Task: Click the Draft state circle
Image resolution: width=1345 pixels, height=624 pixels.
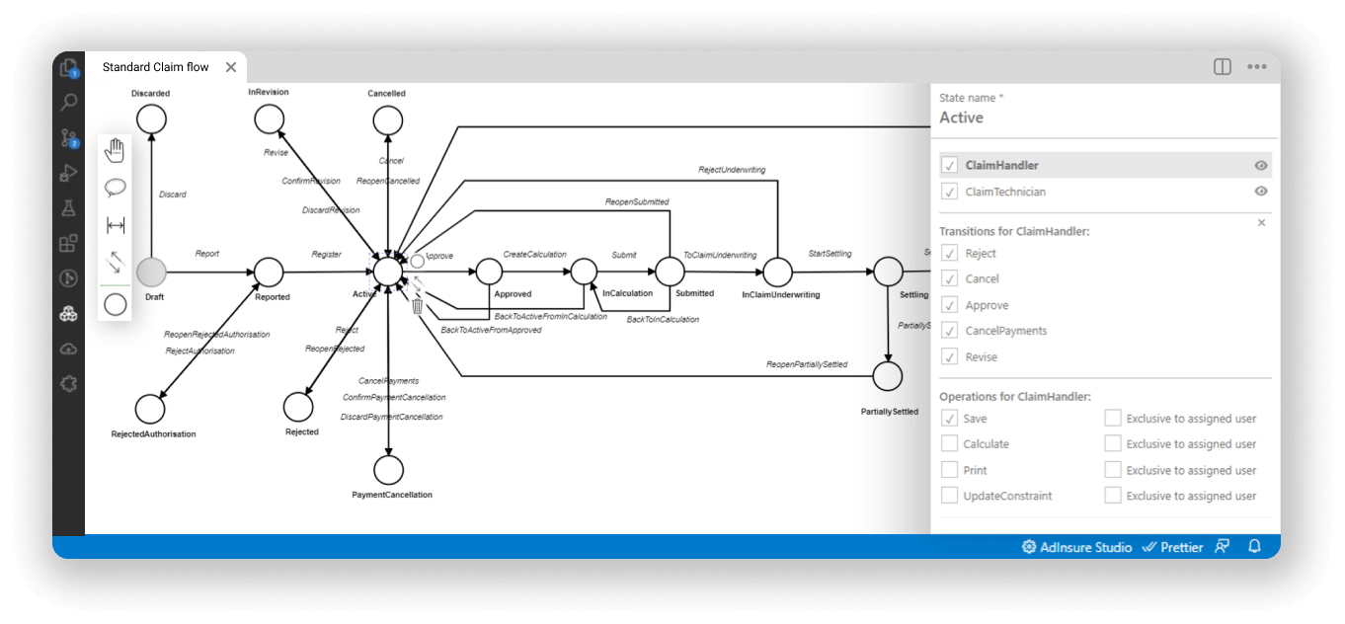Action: pos(151,272)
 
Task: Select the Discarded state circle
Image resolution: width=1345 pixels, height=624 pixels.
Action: pos(151,119)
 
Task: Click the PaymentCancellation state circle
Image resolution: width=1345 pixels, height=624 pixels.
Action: pos(389,470)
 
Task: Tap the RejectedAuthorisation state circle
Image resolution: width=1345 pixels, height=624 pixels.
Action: pos(150,408)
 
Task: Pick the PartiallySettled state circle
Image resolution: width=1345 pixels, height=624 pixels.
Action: pos(889,376)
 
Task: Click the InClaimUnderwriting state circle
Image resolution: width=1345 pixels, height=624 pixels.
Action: pos(778,272)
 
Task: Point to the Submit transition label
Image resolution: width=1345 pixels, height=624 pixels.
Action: pos(624,255)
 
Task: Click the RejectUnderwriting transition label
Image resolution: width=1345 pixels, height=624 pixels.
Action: pos(732,170)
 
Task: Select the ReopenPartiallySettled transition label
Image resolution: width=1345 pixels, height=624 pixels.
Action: pos(807,365)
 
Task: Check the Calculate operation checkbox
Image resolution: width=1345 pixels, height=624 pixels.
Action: pos(950,444)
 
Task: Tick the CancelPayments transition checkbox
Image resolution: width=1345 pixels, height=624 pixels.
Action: pos(950,331)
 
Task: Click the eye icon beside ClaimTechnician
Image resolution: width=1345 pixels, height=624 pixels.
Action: pos(1261,192)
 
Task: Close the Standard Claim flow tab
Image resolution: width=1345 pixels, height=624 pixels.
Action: pos(231,67)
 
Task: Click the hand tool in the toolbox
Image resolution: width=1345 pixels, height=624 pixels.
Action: pos(116,150)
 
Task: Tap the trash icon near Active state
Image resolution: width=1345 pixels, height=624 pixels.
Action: pos(418,306)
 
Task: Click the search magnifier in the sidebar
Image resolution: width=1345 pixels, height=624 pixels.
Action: pos(69,102)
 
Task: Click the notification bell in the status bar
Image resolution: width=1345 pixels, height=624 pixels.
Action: pos(1255,546)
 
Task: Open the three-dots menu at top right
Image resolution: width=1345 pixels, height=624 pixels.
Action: pos(1256,67)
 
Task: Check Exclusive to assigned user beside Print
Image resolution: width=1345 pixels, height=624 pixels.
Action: pos(1113,470)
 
